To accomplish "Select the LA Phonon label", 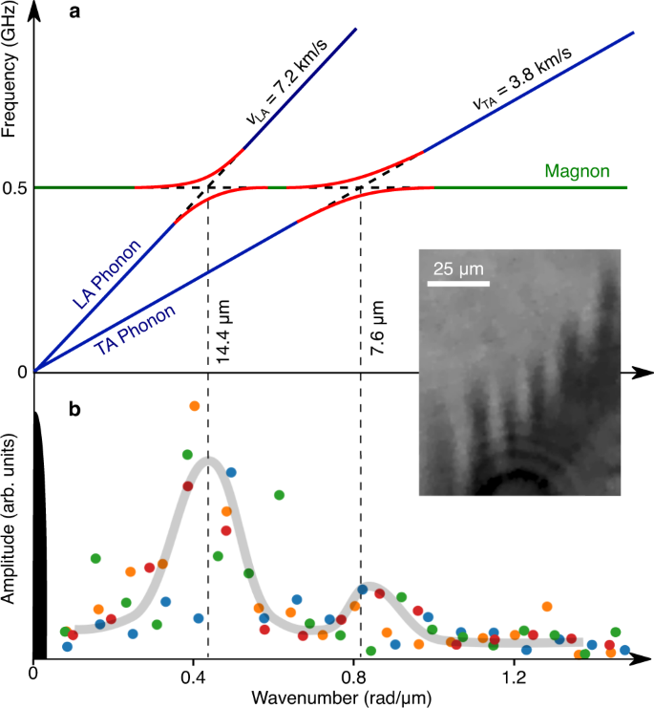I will point(107,275).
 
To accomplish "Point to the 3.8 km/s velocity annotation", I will point(523,91).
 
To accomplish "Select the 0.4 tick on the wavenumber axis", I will point(194,677).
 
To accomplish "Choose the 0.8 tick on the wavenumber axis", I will point(354,677).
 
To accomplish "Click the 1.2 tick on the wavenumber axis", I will point(516,677).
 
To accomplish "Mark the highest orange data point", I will point(195,406).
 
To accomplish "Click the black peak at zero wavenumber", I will point(39,535).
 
